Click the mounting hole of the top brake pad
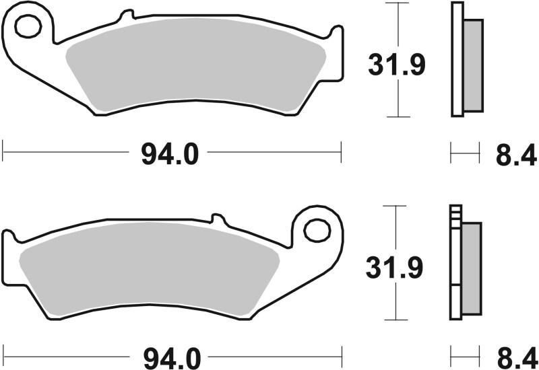pyautogui.click(x=28, y=27)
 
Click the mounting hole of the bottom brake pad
pyautogui.click(x=315, y=230)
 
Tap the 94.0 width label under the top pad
pyautogui.click(x=170, y=155)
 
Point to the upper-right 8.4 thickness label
pyautogui.click(x=516, y=155)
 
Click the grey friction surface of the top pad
pyautogui.click(x=195, y=71)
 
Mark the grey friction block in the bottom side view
pyautogui.click(x=472, y=268)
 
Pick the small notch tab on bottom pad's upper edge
pyautogui.click(x=217, y=219)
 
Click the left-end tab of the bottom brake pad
pyautogui.click(x=9, y=239)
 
